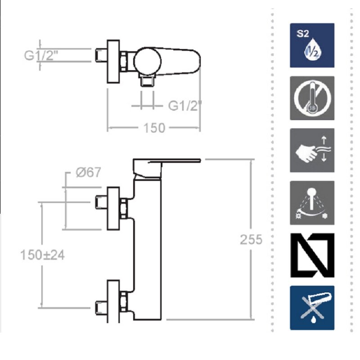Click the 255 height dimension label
tap(251, 240)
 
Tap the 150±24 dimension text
tap(42, 255)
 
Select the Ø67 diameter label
tap(88, 172)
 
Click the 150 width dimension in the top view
tap(154, 128)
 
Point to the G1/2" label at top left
tap(41, 55)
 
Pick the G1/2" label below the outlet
tap(185, 106)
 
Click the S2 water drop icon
tap(312, 45)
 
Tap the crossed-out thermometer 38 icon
tap(312, 98)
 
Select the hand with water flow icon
tap(312, 150)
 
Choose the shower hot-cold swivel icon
tap(312, 203)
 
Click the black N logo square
tap(312, 255)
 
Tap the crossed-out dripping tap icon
tap(312, 308)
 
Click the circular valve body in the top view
tap(148, 61)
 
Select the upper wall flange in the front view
tap(113, 208)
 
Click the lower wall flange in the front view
tap(113, 301)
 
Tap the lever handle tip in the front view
tap(200, 160)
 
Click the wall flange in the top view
tap(113, 61)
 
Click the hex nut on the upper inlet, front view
tap(123, 208)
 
